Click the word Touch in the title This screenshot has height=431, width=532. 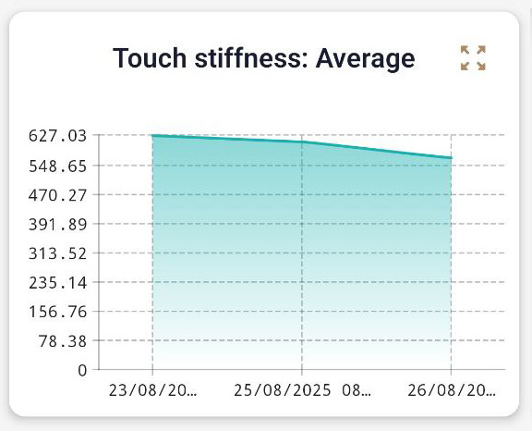pos(148,58)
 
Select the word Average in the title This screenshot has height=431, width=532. pos(365,58)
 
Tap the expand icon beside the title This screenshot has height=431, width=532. pos(473,57)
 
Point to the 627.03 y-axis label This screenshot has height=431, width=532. pos(57,136)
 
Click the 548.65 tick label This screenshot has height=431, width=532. pos(57,166)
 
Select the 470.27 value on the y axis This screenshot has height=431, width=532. pos(57,195)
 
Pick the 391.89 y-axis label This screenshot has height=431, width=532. pos(57,224)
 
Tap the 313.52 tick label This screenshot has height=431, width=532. pos(57,253)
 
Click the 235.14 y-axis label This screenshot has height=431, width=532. pos(57,282)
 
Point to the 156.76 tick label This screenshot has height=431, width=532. pos(57,312)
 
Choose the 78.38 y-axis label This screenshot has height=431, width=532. pos(62,341)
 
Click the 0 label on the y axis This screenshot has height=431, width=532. pos(82,370)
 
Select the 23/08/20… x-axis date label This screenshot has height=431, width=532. pos(152,390)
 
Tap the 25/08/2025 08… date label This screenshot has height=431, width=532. pos(302,390)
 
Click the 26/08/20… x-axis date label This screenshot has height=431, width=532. pos(452,390)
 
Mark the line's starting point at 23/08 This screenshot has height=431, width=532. pos(152,136)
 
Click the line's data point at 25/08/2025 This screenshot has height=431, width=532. pos(302,142)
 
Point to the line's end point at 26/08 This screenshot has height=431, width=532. pos(452,158)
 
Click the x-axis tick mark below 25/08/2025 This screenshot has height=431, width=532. pos(302,374)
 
